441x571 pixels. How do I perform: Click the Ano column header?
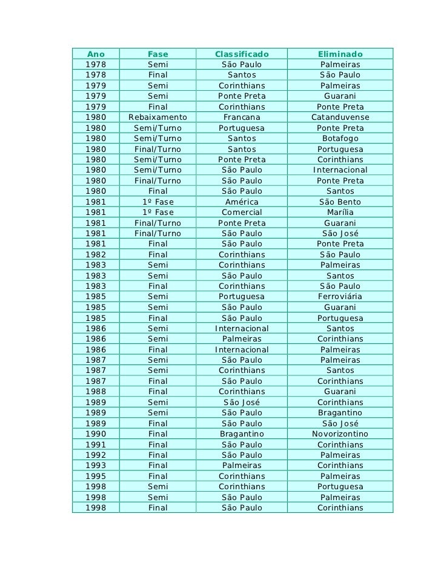coord(95,54)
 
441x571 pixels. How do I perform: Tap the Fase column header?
coord(158,54)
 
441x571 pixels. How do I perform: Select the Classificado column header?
coord(242,54)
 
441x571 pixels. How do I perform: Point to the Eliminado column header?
coord(340,54)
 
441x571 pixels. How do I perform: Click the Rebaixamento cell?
coord(158,117)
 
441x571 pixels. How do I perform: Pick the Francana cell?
coord(242,117)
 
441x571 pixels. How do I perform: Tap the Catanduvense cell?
coord(340,117)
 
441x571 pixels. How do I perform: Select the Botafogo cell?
coord(340,139)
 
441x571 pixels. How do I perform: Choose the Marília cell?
coord(340,213)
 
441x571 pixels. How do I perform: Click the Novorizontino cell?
coord(340,434)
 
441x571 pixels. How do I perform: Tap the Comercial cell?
coord(242,213)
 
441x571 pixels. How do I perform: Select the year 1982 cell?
coord(95,255)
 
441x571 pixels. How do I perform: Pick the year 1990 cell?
coord(95,434)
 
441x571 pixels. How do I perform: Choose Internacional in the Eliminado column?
coord(340,170)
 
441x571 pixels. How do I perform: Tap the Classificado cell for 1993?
coord(242,466)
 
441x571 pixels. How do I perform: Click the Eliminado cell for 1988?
coord(340,392)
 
